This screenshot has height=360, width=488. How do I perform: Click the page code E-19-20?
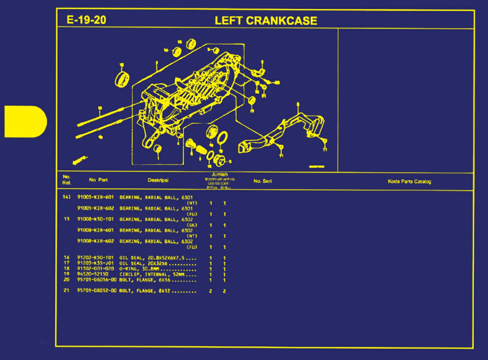[86, 20]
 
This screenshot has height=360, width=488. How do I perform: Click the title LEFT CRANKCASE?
[266, 21]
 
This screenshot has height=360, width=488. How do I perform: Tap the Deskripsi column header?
[158, 180]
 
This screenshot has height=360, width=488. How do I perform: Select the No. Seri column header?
[263, 181]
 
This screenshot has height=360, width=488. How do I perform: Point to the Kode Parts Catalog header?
[409, 181]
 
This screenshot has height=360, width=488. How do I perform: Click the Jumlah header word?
[220, 174]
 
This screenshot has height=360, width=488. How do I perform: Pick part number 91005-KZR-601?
[95, 197]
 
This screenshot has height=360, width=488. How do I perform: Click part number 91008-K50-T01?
[95, 219]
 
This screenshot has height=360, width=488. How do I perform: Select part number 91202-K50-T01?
[95, 257]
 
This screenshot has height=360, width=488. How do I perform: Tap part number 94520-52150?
[93, 274]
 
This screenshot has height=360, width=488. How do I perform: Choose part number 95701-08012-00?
[97, 291]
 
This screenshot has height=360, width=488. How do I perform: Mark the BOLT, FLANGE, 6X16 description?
[145, 280]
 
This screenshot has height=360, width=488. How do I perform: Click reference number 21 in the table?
[66, 290]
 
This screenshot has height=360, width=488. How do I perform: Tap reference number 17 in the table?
[66, 263]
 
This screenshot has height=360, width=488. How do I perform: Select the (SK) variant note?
[192, 225]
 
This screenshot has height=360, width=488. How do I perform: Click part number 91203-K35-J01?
[95, 263]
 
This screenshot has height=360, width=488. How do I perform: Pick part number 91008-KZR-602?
[95, 241]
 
